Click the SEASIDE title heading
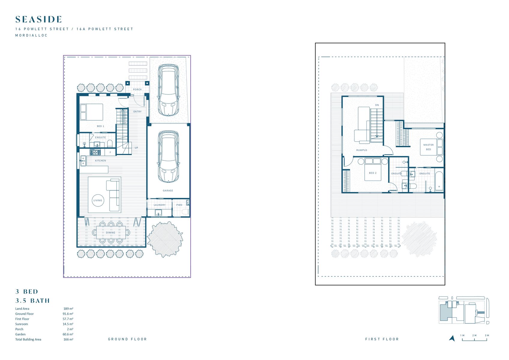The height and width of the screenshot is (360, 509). (39, 19)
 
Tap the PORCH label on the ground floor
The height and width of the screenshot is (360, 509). (137, 89)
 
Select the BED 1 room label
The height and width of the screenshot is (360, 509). (101, 126)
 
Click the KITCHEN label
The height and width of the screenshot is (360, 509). (101, 160)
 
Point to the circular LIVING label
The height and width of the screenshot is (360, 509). (98, 200)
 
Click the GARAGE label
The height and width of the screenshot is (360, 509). (168, 190)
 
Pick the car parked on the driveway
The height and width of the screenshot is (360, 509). (168, 90)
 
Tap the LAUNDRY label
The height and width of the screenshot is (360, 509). (160, 205)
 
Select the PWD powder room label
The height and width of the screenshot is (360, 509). (179, 205)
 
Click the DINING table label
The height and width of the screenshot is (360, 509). (110, 232)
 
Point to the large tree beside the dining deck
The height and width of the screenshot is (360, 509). (165, 239)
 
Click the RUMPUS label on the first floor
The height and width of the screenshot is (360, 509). (362, 150)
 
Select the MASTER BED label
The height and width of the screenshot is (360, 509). (428, 147)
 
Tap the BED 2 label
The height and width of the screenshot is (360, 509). (373, 173)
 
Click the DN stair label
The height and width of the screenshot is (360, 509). (377, 105)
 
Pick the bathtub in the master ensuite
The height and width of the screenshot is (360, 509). (439, 181)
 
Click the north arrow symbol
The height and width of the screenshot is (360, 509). (452, 338)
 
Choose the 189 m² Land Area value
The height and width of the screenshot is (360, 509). (68, 309)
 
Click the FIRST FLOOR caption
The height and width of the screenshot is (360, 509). (382, 339)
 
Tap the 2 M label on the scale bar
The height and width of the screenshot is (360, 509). (474, 335)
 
